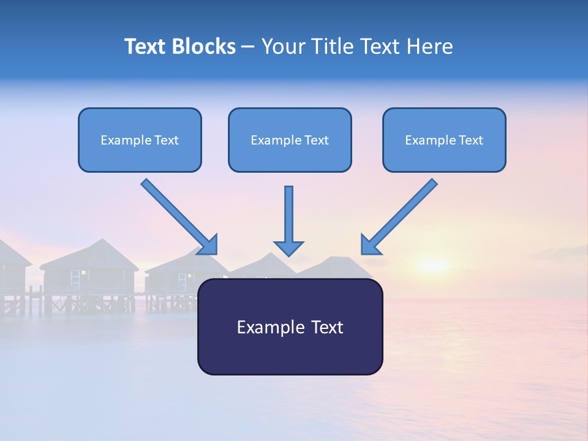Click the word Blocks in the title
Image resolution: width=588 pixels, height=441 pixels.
(x=205, y=47)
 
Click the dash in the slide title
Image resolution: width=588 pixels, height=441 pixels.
(x=248, y=47)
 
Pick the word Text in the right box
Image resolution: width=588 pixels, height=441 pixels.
(x=470, y=140)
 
